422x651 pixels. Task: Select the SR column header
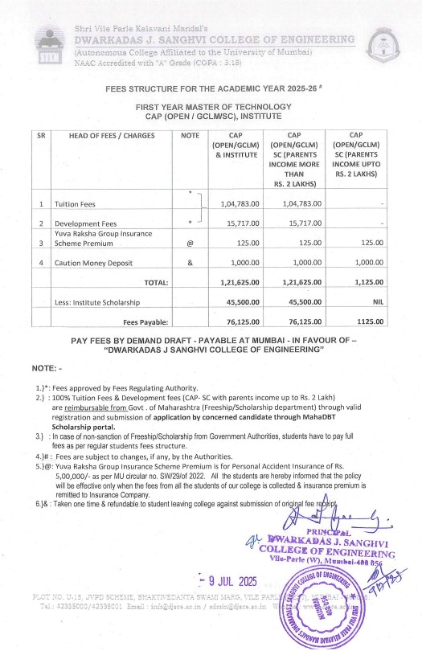click(42, 136)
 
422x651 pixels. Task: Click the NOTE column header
click(190, 136)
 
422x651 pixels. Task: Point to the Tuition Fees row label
click(76, 205)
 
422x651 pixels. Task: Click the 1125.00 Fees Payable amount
click(371, 321)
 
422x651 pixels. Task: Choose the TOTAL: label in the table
click(155, 283)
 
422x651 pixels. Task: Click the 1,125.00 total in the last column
click(371, 282)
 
